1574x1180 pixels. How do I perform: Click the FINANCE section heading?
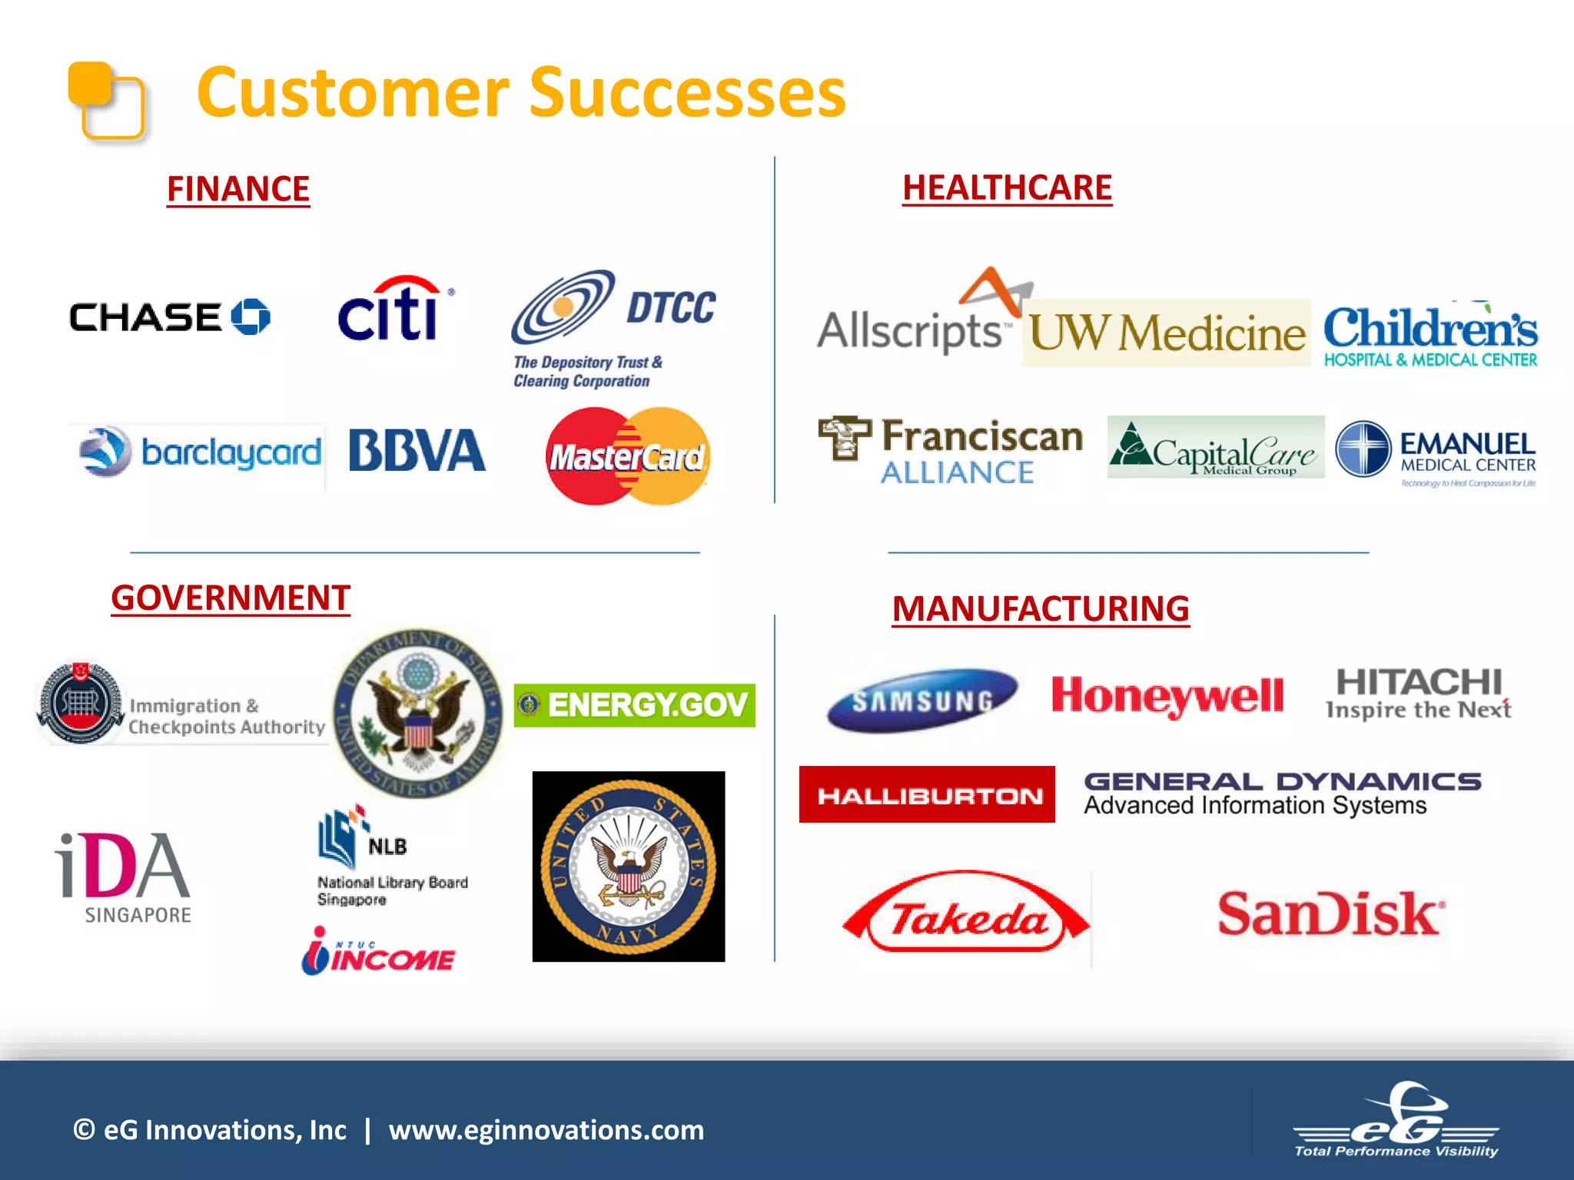pos(238,189)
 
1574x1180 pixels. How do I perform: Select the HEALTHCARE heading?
pos(1007,188)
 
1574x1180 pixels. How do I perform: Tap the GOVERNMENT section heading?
pos(231,598)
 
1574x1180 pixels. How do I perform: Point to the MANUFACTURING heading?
pos(1041,609)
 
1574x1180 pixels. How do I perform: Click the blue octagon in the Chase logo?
pos(251,317)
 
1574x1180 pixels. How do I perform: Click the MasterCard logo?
pos(628,456)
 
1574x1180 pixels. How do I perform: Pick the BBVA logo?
pos(417,450)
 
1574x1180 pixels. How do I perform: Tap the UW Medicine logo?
pos(1167,333)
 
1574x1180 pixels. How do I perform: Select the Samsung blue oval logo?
pos(922,700)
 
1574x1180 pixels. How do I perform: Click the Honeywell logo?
pos(1167,696)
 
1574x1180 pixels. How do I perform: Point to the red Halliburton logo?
pos(928,795)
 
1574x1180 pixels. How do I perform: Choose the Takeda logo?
pos(967,914)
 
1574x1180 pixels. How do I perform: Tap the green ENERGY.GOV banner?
pos(635,705)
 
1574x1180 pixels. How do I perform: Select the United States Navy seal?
pos(629,867)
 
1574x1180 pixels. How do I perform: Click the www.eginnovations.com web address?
pos(546,1130)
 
